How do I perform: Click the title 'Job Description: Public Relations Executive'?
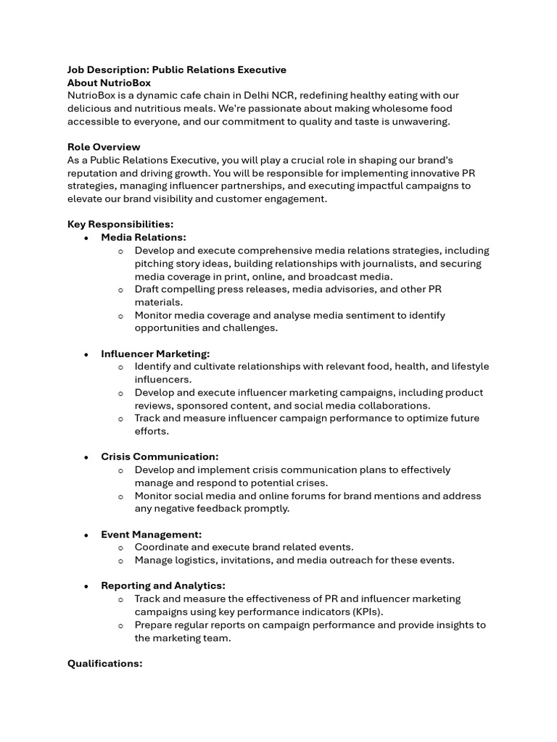pos(176,70)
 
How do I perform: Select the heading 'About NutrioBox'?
pos(109,83)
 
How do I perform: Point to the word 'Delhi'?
pos(258,96)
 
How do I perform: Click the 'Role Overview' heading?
pos(104,147)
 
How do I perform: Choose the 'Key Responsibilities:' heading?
pos(120,225)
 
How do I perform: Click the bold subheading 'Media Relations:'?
pos(143,238)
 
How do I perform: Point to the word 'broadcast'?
pos(331,277)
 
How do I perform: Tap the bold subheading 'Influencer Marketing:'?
pos(155,354)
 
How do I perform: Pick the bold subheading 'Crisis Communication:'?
pos(160,457)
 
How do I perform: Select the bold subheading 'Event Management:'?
pos(151,535)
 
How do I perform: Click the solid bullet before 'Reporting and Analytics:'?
pos(86,586)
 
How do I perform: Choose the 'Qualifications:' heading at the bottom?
pos(104,664)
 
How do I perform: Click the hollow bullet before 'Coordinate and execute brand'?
pos(120,548)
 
